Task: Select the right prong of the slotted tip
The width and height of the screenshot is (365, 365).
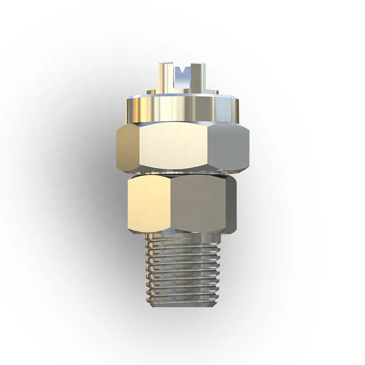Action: click(199, 77)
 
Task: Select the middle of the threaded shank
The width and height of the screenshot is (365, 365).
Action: click(182, 270)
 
